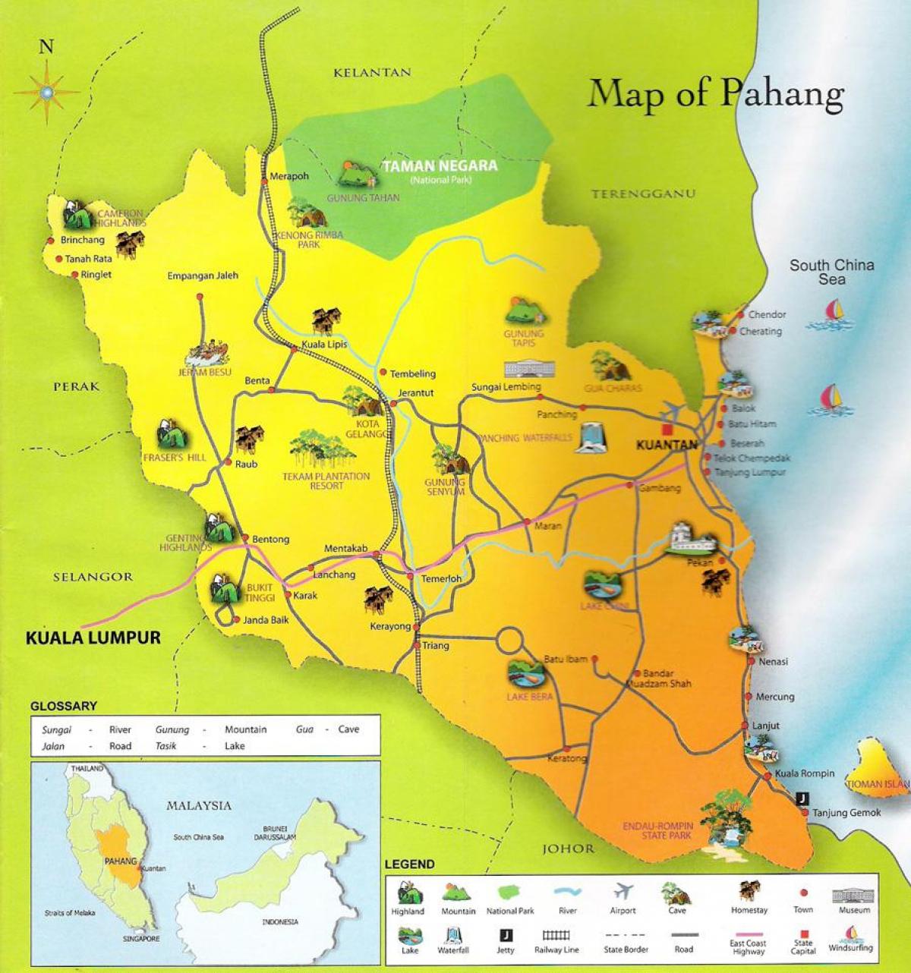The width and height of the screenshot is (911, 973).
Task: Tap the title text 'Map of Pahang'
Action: click(x=715, y=94)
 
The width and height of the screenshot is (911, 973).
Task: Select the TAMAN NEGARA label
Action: click(x=440, y=165)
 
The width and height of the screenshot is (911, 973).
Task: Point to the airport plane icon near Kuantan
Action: click(x=671, y=409)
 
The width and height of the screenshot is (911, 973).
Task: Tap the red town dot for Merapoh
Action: click(x=264, y=178)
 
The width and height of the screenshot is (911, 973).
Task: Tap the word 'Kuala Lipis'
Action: click(x=324, y=344)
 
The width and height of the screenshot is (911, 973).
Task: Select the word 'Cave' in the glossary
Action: click(x=348, y=729)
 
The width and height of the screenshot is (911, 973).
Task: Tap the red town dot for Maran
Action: click(x=527, y=521)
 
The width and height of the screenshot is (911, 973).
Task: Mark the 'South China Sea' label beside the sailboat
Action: click(x=831, y=272)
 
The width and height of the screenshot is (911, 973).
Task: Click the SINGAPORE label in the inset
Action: click(x=141, y=939)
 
